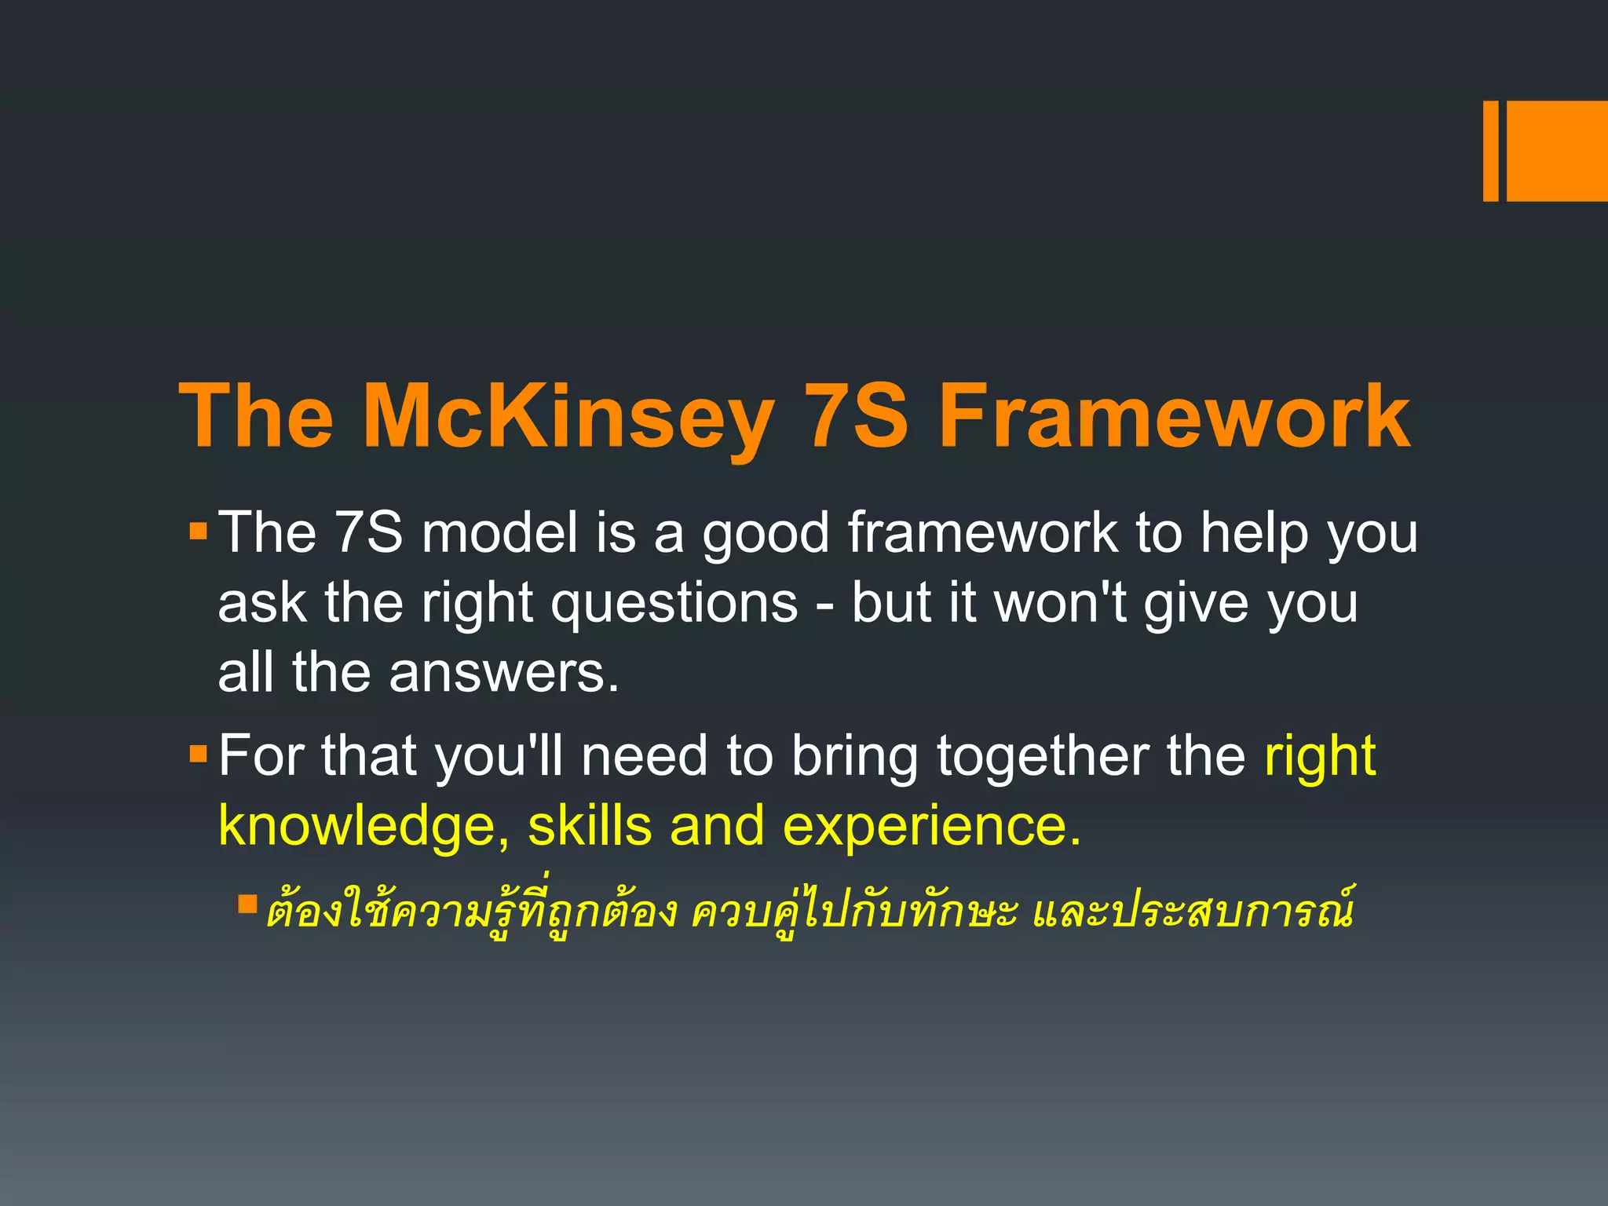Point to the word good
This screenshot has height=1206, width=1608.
point(765,535)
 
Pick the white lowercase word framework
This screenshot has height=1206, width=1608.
point(982,533)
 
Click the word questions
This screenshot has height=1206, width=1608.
point(674,605)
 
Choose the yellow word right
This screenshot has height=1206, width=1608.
point(1320,757)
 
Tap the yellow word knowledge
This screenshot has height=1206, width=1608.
point(357,827)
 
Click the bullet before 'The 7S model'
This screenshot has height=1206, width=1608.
point(198,532)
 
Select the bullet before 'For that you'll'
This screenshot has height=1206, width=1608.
point(198,755)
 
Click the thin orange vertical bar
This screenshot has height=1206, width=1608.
point(1490,151)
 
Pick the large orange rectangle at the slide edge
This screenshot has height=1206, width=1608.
point(1557,151)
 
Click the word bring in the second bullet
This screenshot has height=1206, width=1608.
point(854,757)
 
